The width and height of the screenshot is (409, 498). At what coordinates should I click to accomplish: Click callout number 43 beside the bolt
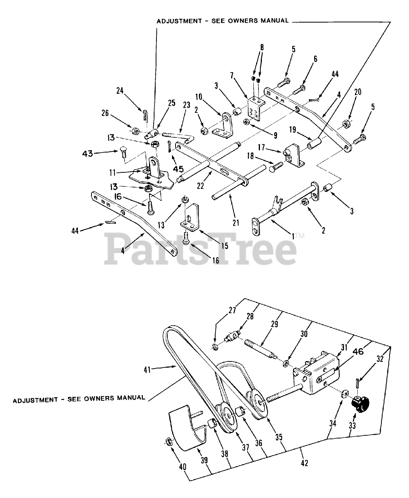[88, 154]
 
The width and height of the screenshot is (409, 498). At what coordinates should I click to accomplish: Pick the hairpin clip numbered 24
[144, 115]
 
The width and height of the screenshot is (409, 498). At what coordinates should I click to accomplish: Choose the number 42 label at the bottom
[305, 463]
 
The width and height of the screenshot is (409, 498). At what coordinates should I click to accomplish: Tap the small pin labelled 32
[357, 383]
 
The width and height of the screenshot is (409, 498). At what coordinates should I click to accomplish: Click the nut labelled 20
[345, 124]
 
